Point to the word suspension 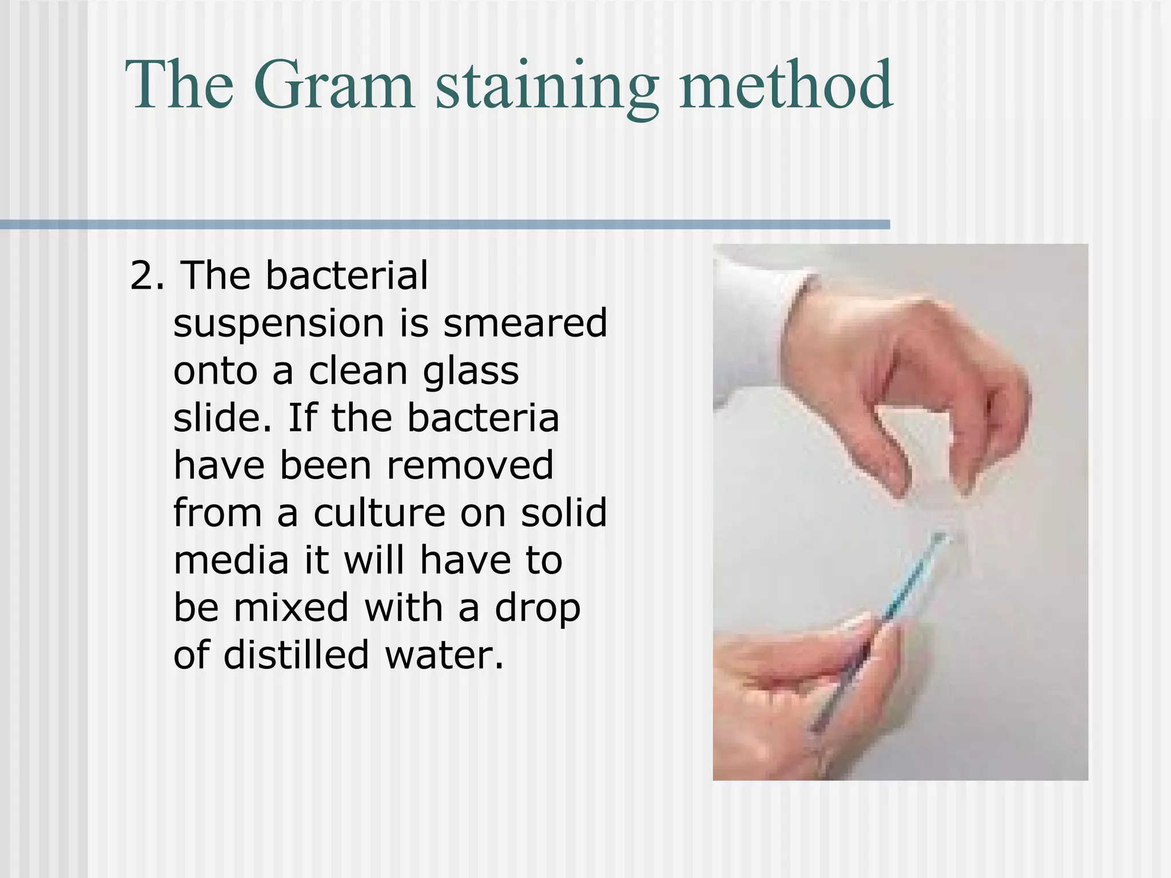click(x=278, y=324)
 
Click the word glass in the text click(x=471, y=372)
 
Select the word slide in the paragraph click(x=220, y=418)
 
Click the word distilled click(x=296, y=654)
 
